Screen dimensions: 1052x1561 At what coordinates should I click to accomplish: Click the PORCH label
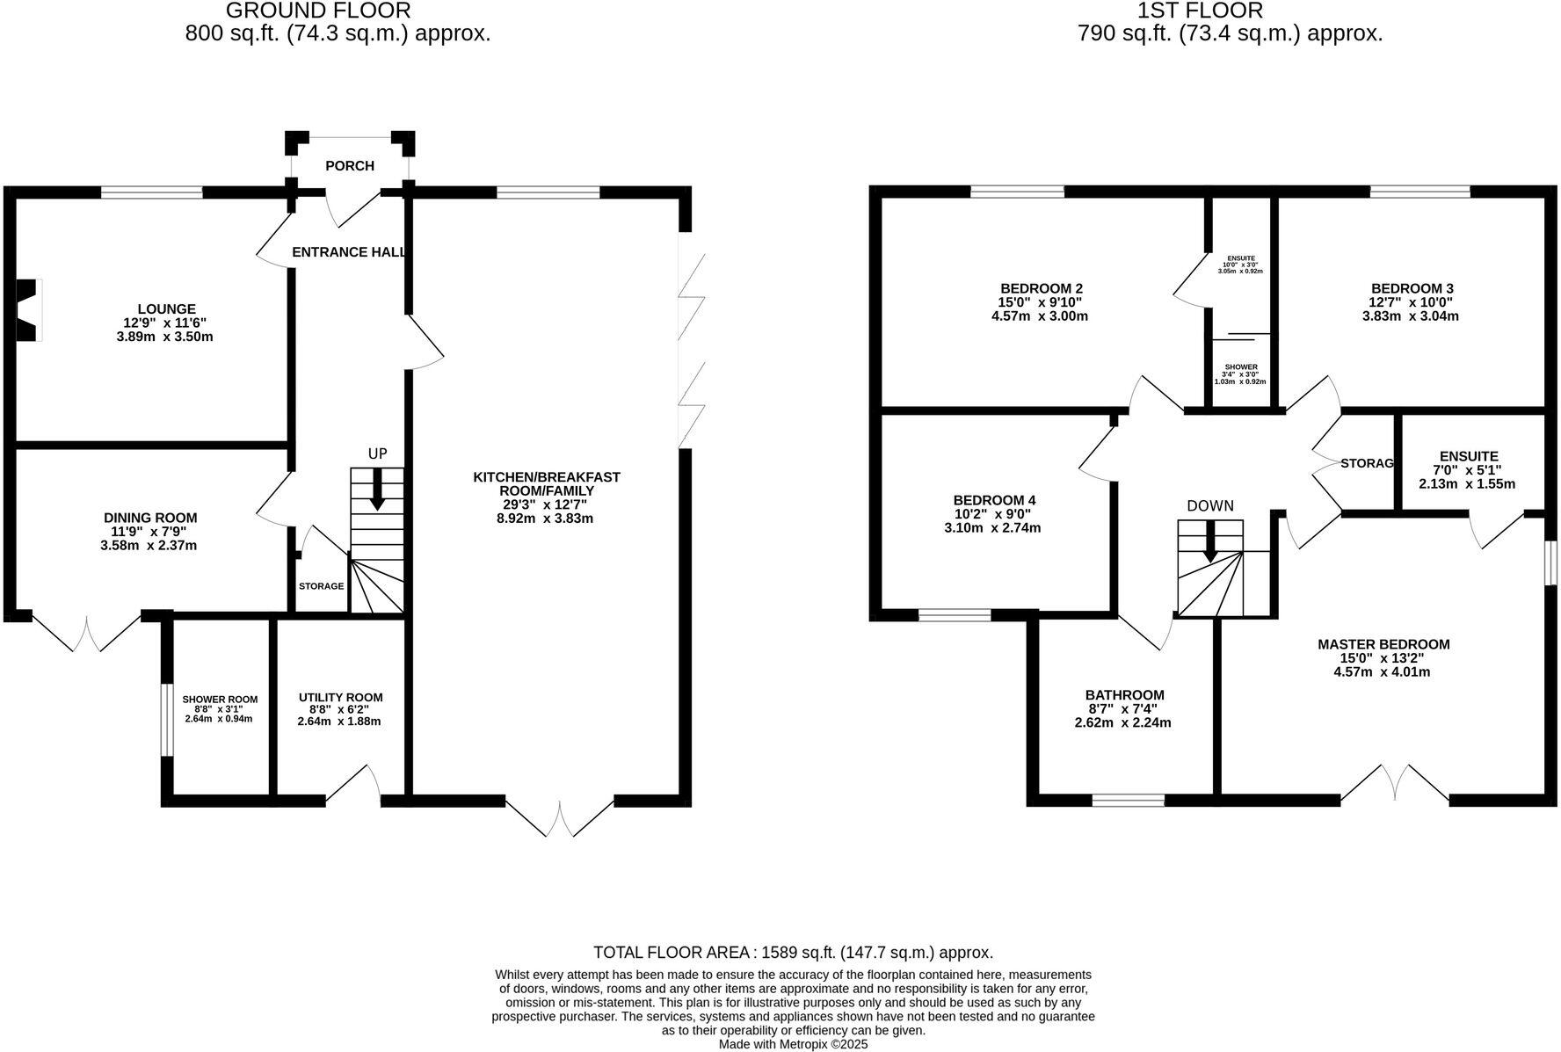[x=349, y=165]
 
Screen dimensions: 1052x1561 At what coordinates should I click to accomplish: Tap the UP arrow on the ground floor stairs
[x=377, y=489]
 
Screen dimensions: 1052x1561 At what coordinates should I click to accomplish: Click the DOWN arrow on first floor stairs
[x=1210, y=541]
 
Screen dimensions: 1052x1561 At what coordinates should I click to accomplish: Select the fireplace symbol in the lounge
[x=28, y=309]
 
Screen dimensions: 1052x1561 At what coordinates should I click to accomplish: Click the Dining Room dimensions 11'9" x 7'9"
[x=149, y=532]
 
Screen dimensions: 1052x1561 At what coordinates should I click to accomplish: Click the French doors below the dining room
[x=87, y=635]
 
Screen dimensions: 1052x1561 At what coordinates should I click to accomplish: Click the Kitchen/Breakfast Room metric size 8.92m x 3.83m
[x=545, y=519]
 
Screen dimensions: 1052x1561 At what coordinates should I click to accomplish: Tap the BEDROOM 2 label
[x=1041, y=288]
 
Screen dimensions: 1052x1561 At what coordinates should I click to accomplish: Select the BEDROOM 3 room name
[x=1412, y=288]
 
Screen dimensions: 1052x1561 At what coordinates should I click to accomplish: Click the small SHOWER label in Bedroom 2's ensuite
[x=1240, y=366]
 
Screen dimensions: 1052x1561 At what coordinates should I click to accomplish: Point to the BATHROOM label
[x=1124, y=694]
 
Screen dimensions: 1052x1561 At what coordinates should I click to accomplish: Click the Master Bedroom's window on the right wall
[x=1551, y=562]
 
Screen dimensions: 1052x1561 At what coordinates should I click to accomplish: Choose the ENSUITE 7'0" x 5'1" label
[x=1468, y=469]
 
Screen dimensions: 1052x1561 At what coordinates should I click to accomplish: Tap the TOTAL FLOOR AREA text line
[x=793, y=952]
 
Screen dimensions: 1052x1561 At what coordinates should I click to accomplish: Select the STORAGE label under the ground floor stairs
[x=321, y=586]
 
